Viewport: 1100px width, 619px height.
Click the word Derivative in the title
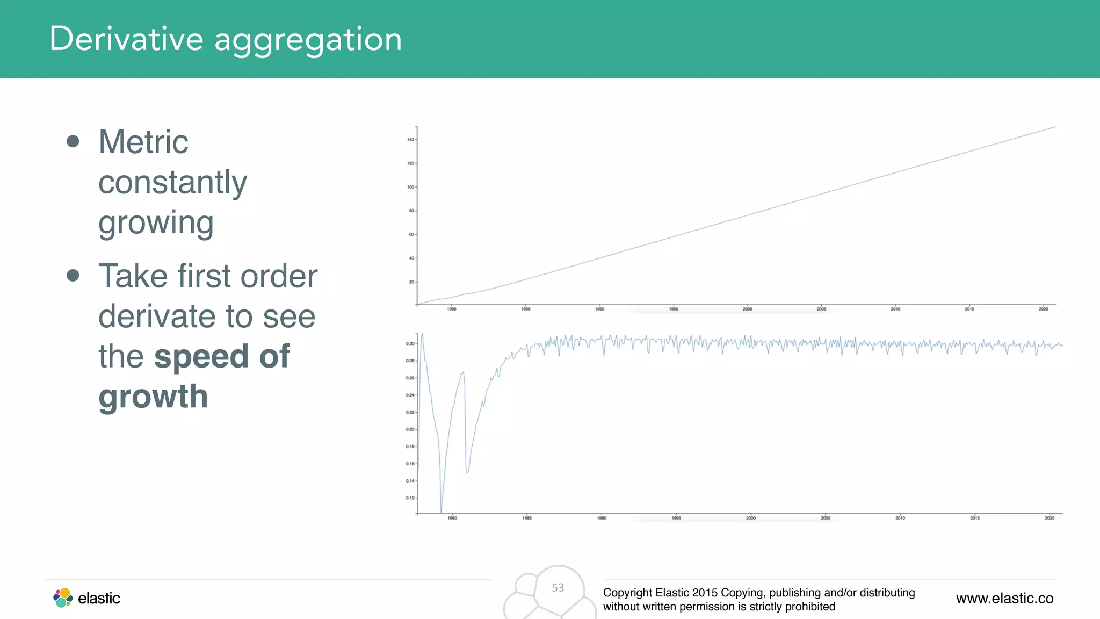[x=126, y=39]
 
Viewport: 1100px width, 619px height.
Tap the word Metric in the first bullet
[x=143, y=142]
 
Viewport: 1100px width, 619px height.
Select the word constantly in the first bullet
[x=172, y=183]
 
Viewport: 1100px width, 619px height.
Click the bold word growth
[x=153, y=397]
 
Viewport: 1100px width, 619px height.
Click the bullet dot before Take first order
[x=73, y=276]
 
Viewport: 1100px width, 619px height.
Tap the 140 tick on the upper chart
[x=410, y=140]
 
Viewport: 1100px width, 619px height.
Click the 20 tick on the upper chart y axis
[x=411, y=282]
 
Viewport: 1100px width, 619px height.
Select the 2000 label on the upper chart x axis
[x=747, y=309]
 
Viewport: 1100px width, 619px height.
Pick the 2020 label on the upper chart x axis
[x=1043, y=309]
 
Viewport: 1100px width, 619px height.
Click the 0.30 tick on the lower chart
[x=410, y=343]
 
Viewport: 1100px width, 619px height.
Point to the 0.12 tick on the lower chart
[x=410, y=498]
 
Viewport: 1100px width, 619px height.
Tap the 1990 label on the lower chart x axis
[x=602, y=518]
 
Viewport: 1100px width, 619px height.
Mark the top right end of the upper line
[x=1055, y=127]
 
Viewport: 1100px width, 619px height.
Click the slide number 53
[x=558, y=588]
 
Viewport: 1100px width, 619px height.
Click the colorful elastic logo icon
[x=63, y=598]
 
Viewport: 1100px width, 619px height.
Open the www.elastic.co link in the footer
[x=1004, y=598]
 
